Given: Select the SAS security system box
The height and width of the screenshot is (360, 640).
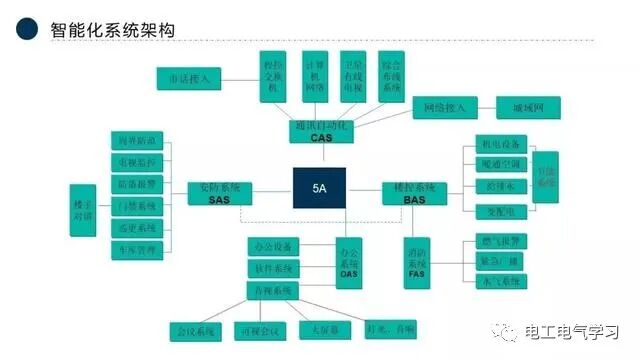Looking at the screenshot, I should pos(220,193).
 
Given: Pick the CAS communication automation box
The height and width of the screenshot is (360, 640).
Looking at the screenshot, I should pos(321,131).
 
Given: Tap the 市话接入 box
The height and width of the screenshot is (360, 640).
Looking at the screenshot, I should pos(189,79).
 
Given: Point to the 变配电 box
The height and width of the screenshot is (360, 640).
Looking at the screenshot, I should pos(494,210).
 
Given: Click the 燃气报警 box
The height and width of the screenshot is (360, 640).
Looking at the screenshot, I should pos(494,240).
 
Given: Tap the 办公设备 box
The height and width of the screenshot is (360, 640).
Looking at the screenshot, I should pos(274,247).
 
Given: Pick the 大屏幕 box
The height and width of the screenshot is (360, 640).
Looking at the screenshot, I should pos(314,330).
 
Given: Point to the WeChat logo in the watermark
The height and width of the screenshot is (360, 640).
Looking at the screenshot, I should pos(513,331).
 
